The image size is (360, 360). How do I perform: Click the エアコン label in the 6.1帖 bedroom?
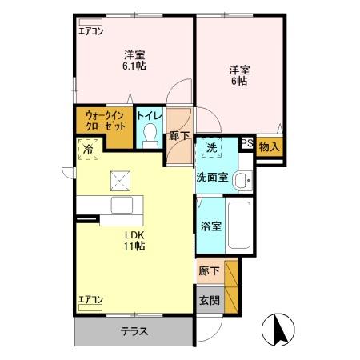point(91,32)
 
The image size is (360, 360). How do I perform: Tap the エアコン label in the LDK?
point(91,299)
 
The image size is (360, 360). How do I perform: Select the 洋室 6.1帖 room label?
point(134,61)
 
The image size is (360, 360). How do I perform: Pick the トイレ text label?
point(150,116)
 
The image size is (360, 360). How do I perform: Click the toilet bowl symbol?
point(150,138)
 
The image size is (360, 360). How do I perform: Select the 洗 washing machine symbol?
point(211,148)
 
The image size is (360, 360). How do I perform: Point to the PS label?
point(248,145)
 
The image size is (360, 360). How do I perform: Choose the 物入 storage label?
point(270,146)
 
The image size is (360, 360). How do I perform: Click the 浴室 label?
point(211,226)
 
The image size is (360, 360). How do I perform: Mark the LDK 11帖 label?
point(134,240)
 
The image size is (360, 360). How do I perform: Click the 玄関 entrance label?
point(208,301)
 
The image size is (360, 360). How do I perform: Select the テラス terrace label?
point(134,330)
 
